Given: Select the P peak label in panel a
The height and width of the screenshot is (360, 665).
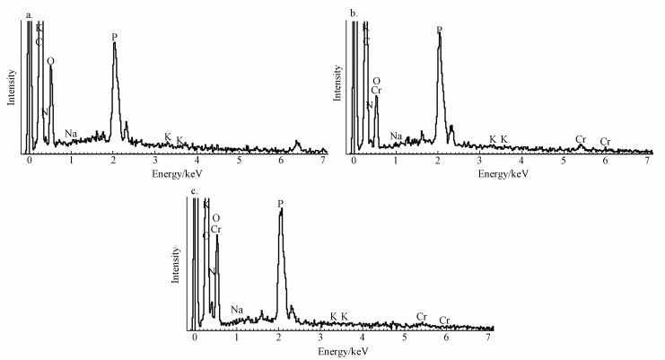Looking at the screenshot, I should [x=115, y=37].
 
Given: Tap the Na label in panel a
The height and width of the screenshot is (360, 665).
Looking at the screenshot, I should [x=71, y=135].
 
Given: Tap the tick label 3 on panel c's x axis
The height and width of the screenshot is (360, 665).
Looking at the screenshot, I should [x=321, y=341].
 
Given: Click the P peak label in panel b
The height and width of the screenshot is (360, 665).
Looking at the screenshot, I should [x=439, y=30].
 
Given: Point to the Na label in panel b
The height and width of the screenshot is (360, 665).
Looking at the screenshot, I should [x=397, y=136].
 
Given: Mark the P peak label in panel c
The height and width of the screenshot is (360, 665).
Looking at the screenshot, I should [x=280, y=205].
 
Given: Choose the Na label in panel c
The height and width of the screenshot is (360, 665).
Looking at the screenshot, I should [x=237, y=311].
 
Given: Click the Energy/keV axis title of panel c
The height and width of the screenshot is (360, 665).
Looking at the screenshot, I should [x=341, y=353].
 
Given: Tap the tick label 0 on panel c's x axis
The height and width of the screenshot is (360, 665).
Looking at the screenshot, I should [x=195, y=341].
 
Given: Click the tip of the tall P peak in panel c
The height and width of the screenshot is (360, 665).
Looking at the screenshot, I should [x=281, y=212].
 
